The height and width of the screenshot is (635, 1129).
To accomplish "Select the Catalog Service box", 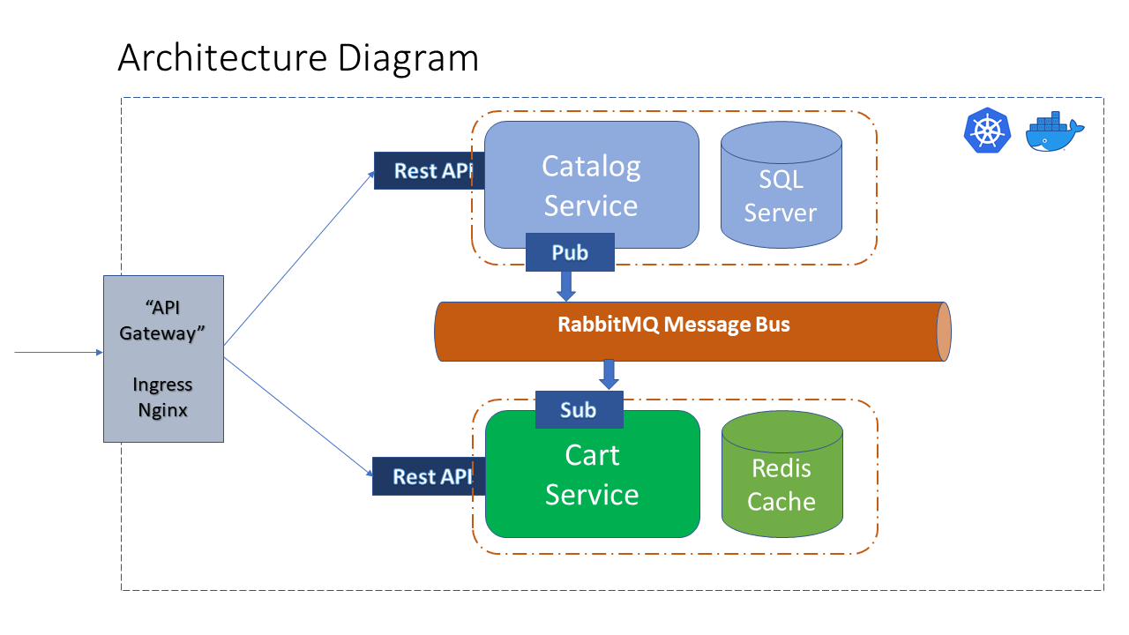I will tap(591, 184).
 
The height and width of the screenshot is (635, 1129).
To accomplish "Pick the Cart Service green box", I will tap(592, 476).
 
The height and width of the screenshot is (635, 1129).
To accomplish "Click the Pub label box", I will tap(570, 253).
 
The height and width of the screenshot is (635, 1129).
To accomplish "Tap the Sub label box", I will tap(579, 410).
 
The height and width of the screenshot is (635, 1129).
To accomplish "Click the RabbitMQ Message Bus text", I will tap(674, 325).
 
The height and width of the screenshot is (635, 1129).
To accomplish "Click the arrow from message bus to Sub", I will tap(609, 374).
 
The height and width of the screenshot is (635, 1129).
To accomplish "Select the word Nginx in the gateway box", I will tap(163, 410).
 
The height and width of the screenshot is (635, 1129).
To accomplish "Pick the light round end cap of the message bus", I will tap(944, 332).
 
